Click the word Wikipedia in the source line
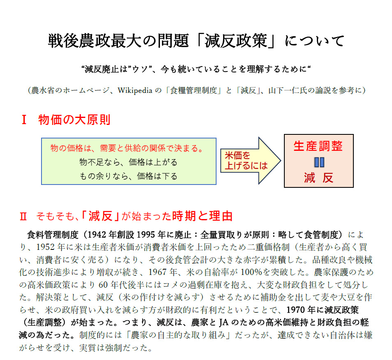tap(135, 90)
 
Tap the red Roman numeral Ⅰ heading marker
tap(24, 120)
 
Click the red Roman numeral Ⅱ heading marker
tap(23, 217)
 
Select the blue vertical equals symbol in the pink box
tap(319, 162)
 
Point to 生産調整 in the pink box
tap(318, 146)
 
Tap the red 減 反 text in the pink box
tap(319, 178)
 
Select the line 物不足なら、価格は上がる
tap(128, 162)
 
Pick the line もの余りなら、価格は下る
tap(128, 176)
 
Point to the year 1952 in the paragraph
tap(46, 247)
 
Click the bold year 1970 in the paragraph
tap(296, 310)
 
